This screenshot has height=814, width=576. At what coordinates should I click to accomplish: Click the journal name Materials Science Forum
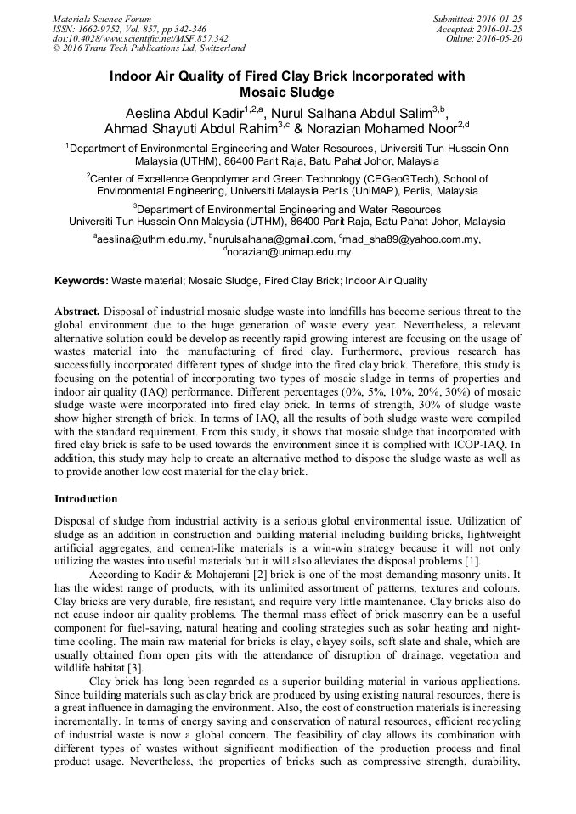tap(102, 18)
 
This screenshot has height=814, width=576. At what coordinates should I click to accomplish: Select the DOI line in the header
tap(140, 38)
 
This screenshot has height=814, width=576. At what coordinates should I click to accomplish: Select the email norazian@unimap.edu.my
tap(289, 252)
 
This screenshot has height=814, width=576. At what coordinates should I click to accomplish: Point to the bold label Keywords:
tap(82, 281)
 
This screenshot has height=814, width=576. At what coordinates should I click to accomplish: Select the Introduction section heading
tap(86, 499)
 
